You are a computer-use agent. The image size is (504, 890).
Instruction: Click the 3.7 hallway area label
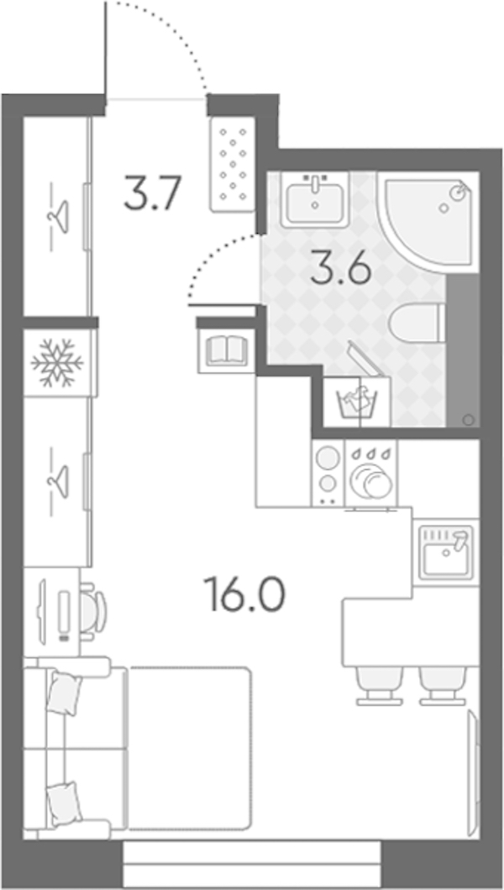coord(152,193)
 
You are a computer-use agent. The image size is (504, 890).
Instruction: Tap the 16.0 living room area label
coord(246,593)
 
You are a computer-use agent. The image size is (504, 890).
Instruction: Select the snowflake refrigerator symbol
coord(57,363)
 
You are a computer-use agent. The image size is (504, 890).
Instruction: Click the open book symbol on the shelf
coord(226,350)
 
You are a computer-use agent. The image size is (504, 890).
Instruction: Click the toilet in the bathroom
coord(417,324)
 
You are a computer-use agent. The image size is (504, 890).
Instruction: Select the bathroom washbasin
coord(314,200)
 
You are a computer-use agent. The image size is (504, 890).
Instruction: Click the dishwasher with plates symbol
coord(370,473)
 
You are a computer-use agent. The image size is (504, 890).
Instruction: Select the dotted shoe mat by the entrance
coord(233,165)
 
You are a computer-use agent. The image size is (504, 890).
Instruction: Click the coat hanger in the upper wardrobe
coord(58,217)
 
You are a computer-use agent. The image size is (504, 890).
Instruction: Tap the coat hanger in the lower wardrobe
coord(58,482)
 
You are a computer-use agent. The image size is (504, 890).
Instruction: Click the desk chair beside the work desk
coord(92,612)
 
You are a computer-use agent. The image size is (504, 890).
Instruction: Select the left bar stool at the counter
coord(380,686)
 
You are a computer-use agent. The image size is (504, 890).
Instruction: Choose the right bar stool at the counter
coord(443,686)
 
